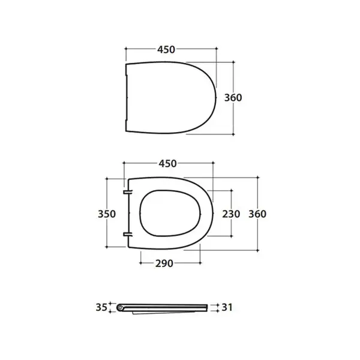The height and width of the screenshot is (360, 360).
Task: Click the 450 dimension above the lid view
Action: tap(166, 50)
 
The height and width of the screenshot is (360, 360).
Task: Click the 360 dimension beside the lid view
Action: tap(233, 98)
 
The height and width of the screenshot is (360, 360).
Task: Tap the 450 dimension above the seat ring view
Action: tap(167, 164)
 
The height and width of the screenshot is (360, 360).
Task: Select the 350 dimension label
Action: tap(107, 214)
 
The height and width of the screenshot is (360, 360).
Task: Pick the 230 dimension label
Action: tap(231, 214)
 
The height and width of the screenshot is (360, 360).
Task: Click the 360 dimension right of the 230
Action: tap(257, 214)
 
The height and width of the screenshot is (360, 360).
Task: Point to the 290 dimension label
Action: tap(164, 263)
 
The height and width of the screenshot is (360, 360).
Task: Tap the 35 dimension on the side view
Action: tap(101, 307)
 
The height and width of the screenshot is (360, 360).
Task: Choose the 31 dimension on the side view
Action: tap(227, 307)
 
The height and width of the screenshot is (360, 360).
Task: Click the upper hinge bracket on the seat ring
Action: tap(128, 192)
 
